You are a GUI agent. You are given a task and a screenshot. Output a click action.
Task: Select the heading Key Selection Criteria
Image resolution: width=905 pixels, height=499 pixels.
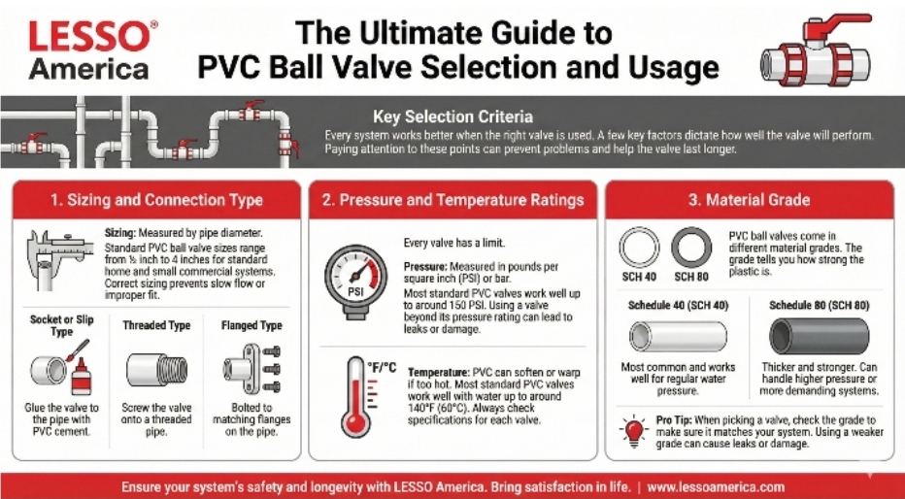pos(452,116)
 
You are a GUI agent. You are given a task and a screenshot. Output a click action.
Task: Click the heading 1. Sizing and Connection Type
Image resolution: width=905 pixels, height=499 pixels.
pos(156,200)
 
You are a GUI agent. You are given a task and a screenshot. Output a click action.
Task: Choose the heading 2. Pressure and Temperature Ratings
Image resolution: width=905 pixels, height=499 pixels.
pos(452,200)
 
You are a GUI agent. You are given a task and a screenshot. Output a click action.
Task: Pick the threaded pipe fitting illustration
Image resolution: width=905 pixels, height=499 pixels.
pos(156,369)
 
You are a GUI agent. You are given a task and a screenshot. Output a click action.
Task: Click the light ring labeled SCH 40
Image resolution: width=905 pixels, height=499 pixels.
pos(639,249)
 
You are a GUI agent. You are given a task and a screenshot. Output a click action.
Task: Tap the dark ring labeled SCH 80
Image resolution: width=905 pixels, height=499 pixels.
pos(691,249)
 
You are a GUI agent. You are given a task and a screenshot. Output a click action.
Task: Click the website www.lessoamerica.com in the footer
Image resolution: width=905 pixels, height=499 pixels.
pos(715,484)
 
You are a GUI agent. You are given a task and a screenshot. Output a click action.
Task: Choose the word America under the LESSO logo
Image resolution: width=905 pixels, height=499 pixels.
pos(90,69)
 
